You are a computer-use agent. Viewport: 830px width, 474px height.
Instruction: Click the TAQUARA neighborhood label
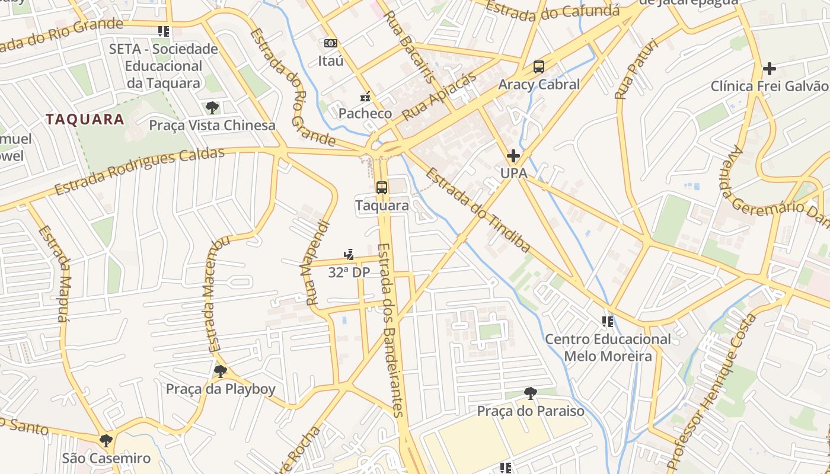[x=85, y=119]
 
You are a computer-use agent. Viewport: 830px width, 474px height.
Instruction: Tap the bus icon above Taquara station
[x=382, y=188]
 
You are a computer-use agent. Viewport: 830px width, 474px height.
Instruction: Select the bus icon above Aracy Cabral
[x=538, y=67]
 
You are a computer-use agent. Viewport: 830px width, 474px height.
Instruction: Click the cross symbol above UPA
[x=513, y=156]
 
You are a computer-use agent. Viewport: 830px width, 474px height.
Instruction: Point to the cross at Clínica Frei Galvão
[x=769, y=69]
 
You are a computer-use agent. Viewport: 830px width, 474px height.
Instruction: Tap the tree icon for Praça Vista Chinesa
[x=212, y=108]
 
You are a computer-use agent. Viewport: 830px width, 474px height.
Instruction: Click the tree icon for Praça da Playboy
[x=220, y=371]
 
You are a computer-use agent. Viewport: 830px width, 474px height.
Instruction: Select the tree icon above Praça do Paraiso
[x=531, y=393]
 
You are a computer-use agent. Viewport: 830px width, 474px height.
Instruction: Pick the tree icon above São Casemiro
[x=106, y=441]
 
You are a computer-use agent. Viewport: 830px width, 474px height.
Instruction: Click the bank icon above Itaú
[x=331, y=43]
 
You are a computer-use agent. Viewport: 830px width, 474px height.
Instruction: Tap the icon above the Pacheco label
[x=366, y=96]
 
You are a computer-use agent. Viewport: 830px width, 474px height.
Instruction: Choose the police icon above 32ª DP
[x=349, y=255]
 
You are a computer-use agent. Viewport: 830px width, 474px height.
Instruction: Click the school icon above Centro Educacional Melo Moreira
[x=608, y=322]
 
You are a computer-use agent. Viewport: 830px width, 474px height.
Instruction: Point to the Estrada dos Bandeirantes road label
[x=391, y=329]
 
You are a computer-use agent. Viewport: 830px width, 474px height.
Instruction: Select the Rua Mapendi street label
[x=318, y=262]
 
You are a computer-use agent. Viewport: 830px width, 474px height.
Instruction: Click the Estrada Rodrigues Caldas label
[x=139, y=171]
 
